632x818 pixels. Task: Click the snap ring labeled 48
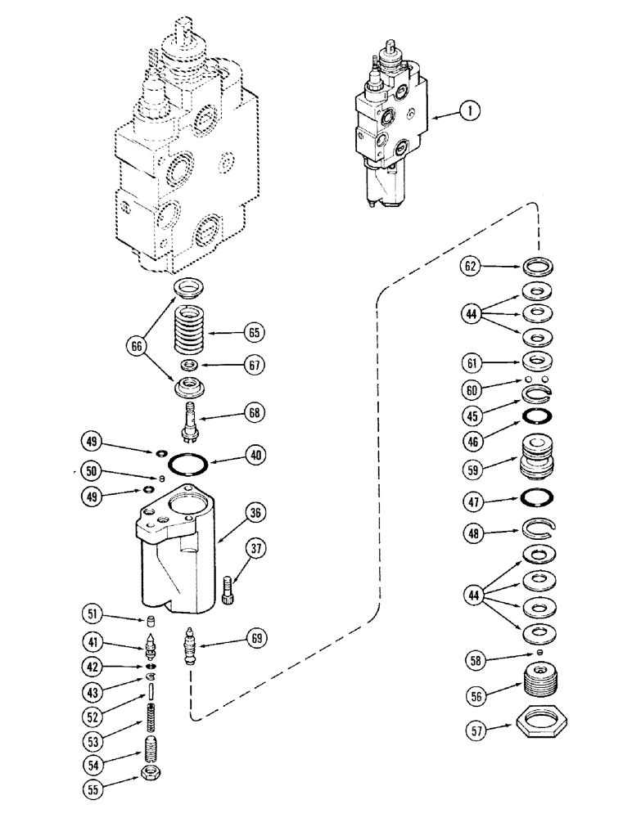point(538,533)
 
